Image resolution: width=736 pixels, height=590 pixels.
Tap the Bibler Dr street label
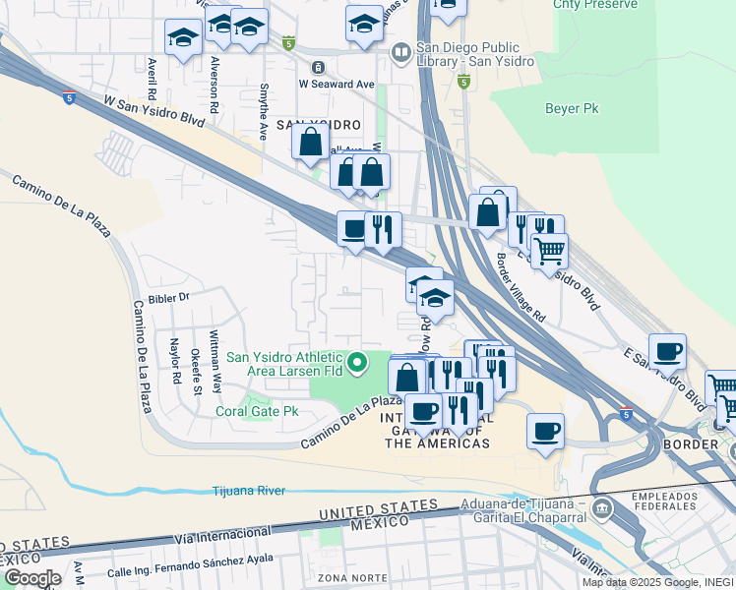[168, 296]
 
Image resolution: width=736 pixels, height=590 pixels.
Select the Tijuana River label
[253, 490]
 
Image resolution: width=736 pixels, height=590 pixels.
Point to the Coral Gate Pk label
[257, 411]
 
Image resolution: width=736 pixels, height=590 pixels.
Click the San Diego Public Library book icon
[400, 51]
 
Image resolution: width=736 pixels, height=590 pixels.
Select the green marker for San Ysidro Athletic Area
[358, 365]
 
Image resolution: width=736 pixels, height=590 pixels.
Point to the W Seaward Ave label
[337, 85]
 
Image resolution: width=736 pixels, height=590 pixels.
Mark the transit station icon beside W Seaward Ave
[317, 67]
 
